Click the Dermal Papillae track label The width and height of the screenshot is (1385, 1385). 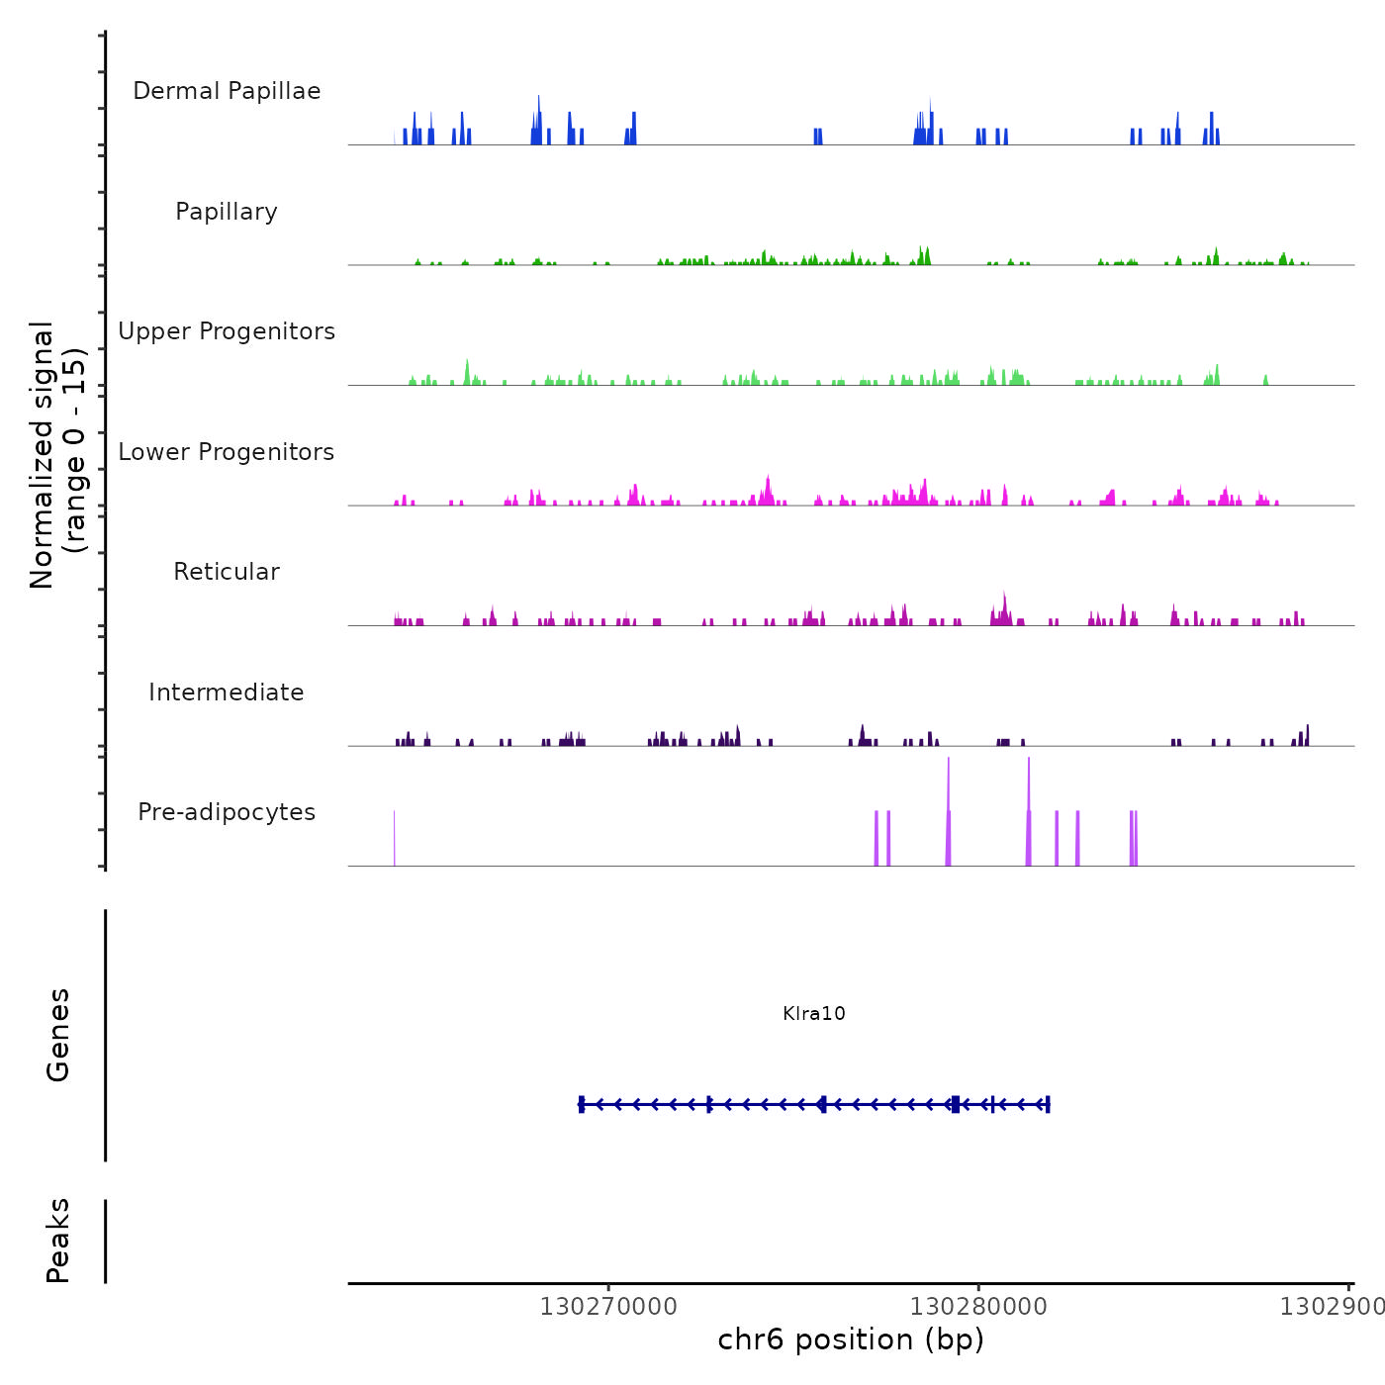(227, 91)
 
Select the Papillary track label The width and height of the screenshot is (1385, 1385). (227, 212)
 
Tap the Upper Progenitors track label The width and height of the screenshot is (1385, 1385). (227, 331)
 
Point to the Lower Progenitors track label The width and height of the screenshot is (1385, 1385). (227, 452)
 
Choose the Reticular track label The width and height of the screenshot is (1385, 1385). (227, 572)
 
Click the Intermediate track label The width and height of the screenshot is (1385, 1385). (227, 692)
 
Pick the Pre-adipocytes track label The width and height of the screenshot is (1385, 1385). (227, 812)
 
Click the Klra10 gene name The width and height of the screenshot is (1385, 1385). (813, 1013)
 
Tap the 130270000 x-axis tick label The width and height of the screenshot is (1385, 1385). (608, 1307)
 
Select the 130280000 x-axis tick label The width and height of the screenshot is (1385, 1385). (978, 1307)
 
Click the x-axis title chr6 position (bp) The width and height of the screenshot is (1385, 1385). (851, 1339)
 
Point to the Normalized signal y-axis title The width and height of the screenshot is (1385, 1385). (57, 454)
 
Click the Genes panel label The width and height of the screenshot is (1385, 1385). (58, 1035)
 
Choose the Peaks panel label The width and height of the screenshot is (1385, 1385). (58, 1241)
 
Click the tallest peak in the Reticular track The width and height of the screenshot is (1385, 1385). (1004, 595)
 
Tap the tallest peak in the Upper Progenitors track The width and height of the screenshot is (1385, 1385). (467, 362)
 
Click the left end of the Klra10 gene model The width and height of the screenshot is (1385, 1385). (582, 1104)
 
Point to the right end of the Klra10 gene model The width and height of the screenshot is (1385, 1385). (1048, 1104)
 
